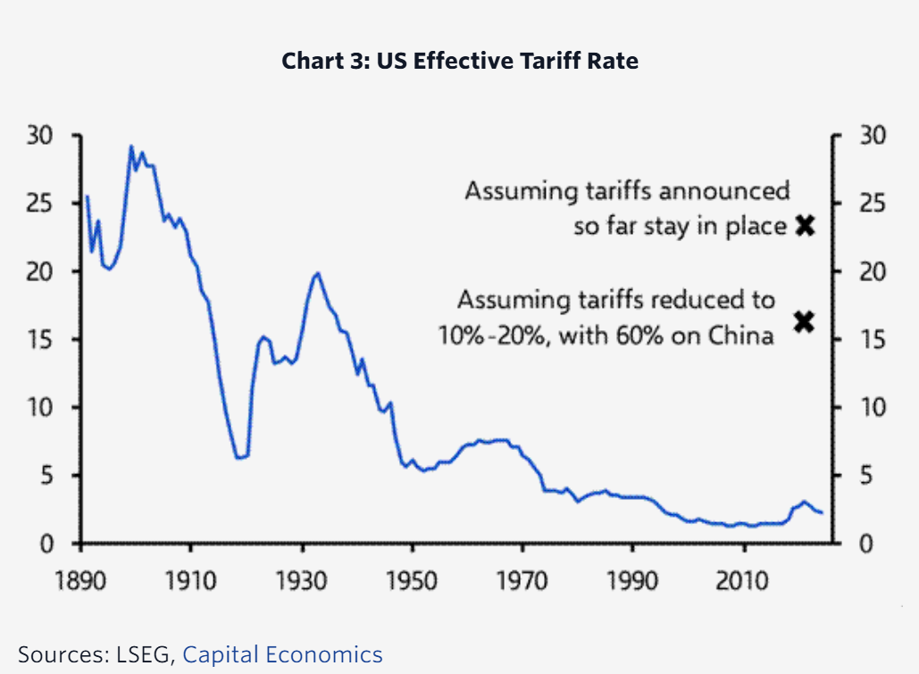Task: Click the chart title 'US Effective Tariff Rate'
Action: pos(460,62)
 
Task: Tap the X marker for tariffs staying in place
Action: pos(805,225)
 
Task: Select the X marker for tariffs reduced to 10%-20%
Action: pos(805,321)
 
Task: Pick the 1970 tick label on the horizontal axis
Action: pos(522,580)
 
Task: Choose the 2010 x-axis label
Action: pos(743,580)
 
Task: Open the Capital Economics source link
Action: pos(282,654)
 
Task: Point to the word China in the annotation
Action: pos(740,337)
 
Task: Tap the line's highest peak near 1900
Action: pos(131,146)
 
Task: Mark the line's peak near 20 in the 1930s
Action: pos(316,273)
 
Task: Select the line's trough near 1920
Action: pos(239,458)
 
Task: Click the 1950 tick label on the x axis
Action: pos(412,580)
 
